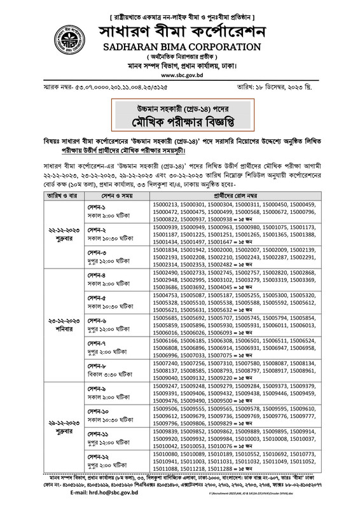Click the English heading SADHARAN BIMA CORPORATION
coord(179,48)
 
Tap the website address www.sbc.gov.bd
coord(179,74)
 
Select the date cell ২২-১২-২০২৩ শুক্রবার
coord(59,225)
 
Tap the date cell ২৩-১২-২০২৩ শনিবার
coord(59,322)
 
